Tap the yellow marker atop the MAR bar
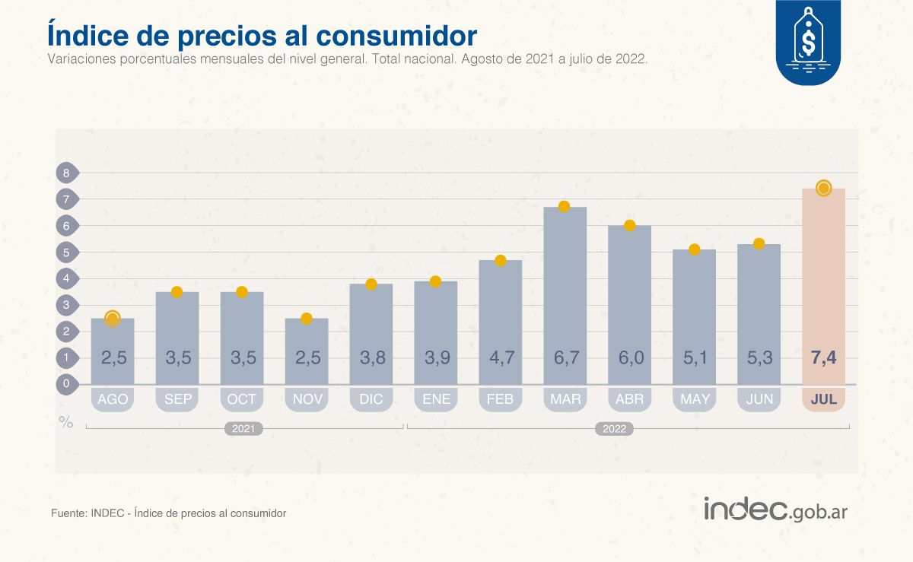point(564,207)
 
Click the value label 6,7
point(564,357)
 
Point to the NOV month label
point(307,399)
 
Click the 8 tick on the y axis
point(66,173)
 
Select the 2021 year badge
point(243,429)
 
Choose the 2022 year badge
point(614,429)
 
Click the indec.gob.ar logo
point(775,510)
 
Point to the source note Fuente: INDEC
point(168,513)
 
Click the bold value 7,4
point(824,357)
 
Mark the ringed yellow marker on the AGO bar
point(113,319)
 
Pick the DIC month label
point(371,399)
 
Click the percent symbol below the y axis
point(66,422)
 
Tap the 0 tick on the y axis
point(66,384)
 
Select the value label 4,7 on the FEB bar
point(500,357)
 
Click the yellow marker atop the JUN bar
point(759,243)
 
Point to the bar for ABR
point(629,304)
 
